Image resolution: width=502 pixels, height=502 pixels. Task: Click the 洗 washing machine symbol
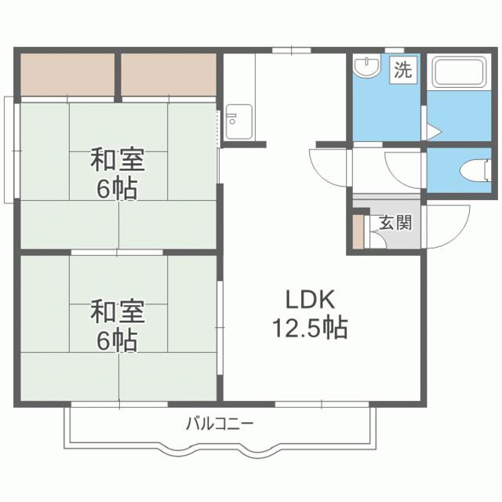[402, 69]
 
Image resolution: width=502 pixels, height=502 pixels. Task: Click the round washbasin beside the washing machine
[364, 68]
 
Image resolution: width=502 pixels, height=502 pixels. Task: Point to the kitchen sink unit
[235, 122]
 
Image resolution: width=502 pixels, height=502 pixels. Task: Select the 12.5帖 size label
[309, 327]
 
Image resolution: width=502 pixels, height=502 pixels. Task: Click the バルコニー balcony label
[219, 425]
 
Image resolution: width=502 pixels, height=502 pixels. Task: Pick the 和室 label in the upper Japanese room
[118, 161]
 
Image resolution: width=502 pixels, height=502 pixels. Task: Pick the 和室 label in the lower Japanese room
[118, 311]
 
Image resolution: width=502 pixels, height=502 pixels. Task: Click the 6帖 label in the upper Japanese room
[118, 188]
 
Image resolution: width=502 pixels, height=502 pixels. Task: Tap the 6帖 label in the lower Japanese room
[118, 340]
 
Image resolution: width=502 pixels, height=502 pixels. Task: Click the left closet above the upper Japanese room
[67, 73]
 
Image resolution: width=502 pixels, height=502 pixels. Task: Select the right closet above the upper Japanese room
[168, 73]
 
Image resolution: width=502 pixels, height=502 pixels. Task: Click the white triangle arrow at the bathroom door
[433, 130]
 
